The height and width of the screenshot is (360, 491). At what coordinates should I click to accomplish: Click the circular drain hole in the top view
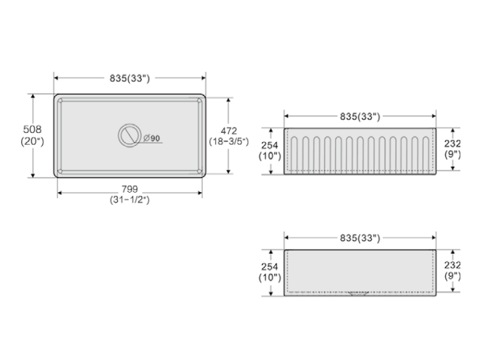(128, 136)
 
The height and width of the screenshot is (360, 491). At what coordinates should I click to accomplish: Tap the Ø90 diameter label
(152, 139)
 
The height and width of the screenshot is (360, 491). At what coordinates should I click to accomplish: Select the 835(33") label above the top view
(129, 79)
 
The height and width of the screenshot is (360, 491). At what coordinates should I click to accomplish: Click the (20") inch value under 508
(32, 141)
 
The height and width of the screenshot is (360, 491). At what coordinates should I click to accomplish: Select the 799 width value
(129, 189)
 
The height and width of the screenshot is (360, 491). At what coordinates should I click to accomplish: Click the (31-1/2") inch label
(129, 200)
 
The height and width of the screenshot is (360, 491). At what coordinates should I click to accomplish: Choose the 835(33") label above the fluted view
(359, 117)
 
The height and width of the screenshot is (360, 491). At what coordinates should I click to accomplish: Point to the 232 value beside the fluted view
(452, 143)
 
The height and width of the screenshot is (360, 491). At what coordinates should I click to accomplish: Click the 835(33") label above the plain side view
(359, 238)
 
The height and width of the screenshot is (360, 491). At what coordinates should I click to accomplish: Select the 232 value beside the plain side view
(452, 265)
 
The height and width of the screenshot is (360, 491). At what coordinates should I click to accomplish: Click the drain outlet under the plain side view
(359, 294)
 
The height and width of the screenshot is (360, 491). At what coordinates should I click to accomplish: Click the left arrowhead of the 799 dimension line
(60, 193)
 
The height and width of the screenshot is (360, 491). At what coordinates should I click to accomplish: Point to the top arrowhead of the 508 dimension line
(32, 96)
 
